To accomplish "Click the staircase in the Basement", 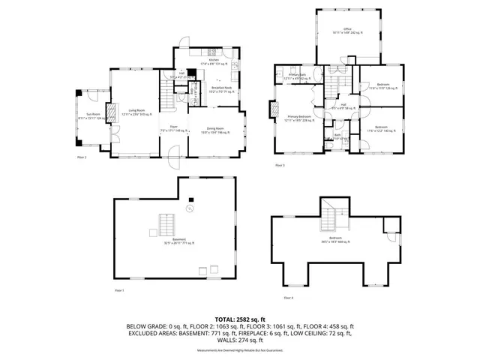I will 166,224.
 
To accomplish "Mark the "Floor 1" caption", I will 118,289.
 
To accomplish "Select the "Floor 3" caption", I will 280,164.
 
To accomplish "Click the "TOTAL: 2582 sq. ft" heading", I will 240,319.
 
